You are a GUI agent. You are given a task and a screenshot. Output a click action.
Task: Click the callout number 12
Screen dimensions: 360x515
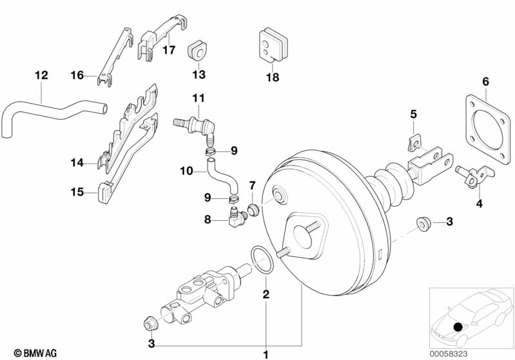41,75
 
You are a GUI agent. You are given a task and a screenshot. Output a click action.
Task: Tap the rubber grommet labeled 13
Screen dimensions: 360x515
197,50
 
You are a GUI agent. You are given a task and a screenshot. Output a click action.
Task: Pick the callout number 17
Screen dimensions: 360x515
168,50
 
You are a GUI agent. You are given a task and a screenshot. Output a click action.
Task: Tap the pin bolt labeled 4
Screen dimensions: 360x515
472,176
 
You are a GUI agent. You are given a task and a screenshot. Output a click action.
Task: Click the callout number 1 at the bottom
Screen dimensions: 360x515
264,354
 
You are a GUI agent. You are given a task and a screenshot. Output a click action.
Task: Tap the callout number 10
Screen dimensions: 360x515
186,172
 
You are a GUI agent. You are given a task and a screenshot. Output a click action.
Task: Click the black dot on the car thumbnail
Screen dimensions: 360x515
458,328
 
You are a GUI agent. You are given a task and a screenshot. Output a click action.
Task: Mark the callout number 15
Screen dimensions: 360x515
77,191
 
